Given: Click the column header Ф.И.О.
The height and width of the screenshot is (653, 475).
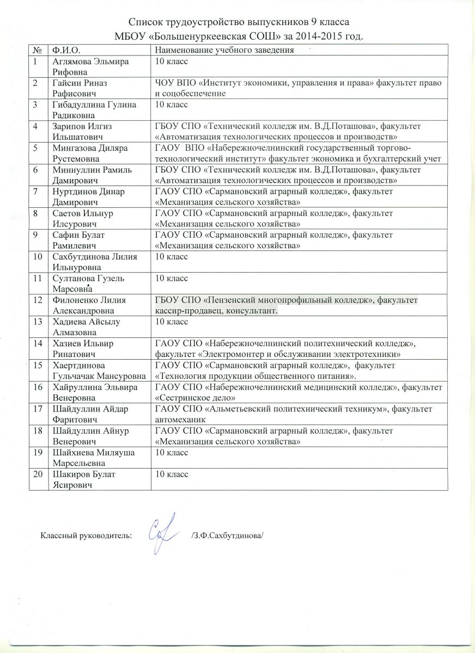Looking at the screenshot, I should [62, 50].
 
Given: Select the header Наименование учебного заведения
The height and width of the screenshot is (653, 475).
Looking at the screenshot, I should [225, 50].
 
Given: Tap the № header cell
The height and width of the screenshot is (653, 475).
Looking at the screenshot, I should [36, 50].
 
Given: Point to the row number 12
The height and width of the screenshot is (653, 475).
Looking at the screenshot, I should [37, 299].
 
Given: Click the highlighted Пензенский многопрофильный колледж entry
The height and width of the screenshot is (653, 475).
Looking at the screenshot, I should [288, 305].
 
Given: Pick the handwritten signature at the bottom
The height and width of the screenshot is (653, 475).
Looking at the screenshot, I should [163, 526].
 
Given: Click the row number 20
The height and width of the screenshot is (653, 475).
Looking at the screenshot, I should [37, 475].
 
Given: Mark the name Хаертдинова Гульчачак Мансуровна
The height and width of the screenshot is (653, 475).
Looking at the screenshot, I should [99, 369].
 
